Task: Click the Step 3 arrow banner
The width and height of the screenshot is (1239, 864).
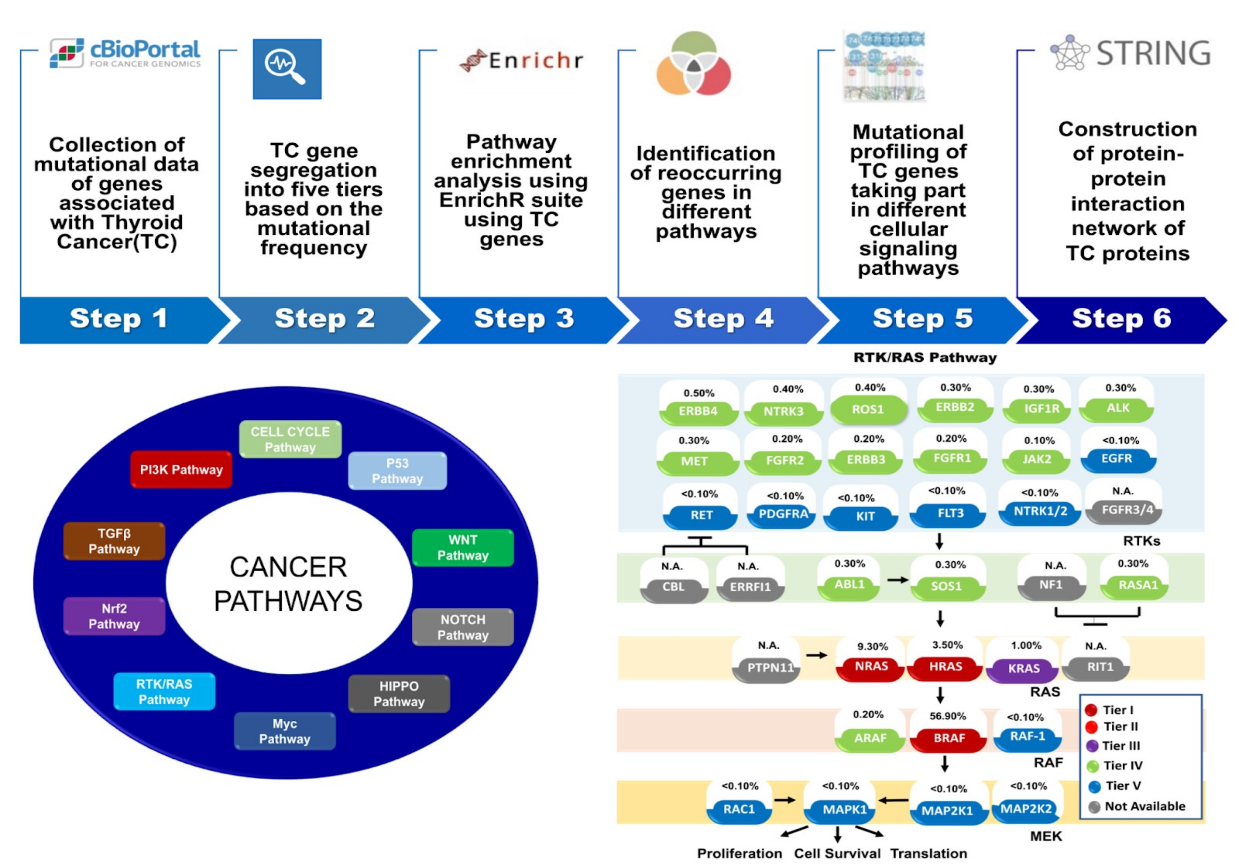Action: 523,319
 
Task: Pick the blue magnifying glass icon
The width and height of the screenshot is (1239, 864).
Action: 287,69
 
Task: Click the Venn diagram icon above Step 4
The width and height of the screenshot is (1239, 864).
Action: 693,64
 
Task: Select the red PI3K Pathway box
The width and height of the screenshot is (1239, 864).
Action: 181,469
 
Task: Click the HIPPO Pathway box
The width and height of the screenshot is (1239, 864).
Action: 399,694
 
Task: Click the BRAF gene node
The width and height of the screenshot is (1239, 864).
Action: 949,738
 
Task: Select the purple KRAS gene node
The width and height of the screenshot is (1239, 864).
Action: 1023,668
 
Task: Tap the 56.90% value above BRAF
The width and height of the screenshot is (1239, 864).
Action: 947,716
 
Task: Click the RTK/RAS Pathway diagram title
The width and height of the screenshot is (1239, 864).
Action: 925,357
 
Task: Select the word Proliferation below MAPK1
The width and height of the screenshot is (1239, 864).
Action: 739,853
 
